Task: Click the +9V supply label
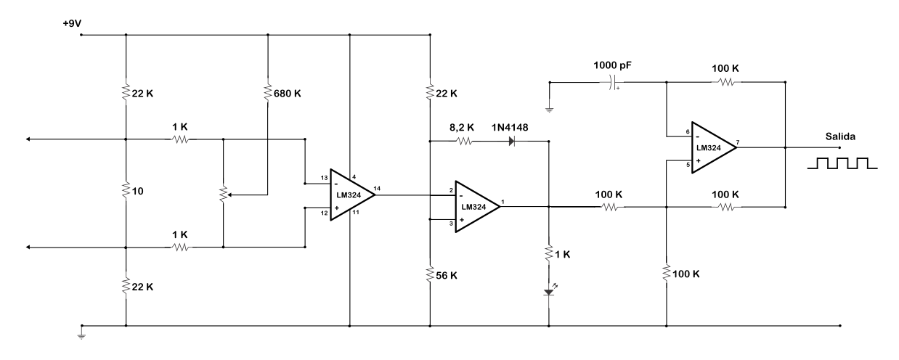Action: pos(72,24)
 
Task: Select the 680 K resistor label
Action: pos(288,94)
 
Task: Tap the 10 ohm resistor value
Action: pos(138,191)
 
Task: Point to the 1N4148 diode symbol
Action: pos(512,142)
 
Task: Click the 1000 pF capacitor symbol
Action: pos(612,82)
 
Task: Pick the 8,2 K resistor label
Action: pos(462,128)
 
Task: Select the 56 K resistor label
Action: pos(447,275)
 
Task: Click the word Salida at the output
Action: pos(840,136)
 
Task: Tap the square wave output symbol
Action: pos(842,163)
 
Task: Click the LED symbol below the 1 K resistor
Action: pos(549,292)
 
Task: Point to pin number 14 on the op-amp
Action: pos(377,188)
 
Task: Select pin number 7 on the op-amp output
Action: pos(738,142)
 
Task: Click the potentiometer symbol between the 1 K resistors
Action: pos(223,195)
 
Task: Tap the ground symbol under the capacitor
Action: pos(550,109)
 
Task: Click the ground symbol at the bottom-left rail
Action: pos(81,336)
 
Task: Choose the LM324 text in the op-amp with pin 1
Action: pos(473,207)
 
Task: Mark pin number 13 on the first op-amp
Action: pos(325,178)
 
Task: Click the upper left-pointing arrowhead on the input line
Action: pos(28,139)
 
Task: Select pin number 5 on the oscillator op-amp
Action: pos(688,165)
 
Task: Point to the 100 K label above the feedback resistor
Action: pos(725,69)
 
